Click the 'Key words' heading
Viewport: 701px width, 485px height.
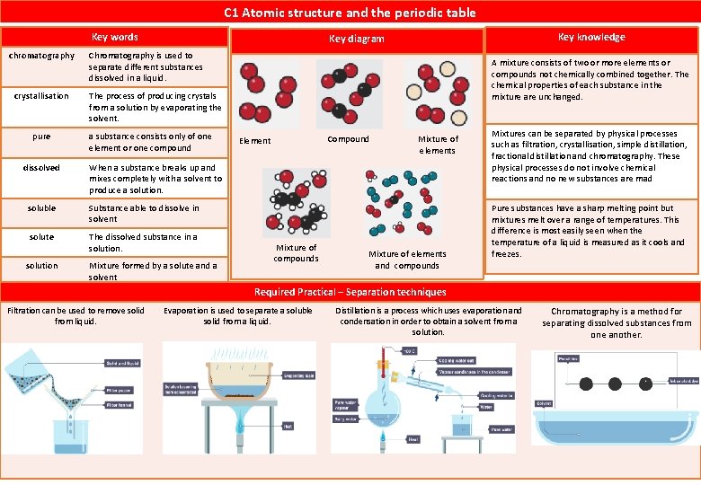click(x=115, y=37)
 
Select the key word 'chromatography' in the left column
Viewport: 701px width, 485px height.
click(x=41, y=56)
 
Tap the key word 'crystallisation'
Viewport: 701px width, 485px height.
click(x=41, y=96)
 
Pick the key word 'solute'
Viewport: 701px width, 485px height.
click(x=41, y=237)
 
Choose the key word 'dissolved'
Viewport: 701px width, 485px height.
click(x=41, y=168)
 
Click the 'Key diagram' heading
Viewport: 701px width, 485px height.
click(x=356, y=39)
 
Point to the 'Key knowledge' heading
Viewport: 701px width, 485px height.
click(x=590, y=37)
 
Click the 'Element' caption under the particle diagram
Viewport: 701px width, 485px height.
click(x=254, y=141)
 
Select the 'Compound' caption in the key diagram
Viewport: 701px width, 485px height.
click(x=348, y=139)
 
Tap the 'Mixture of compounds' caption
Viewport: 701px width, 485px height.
click(x=296, y=253)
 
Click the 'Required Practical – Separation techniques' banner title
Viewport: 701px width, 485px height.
click(x=350, y=292)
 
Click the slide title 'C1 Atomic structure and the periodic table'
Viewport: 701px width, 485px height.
click(x=350, y=13)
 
